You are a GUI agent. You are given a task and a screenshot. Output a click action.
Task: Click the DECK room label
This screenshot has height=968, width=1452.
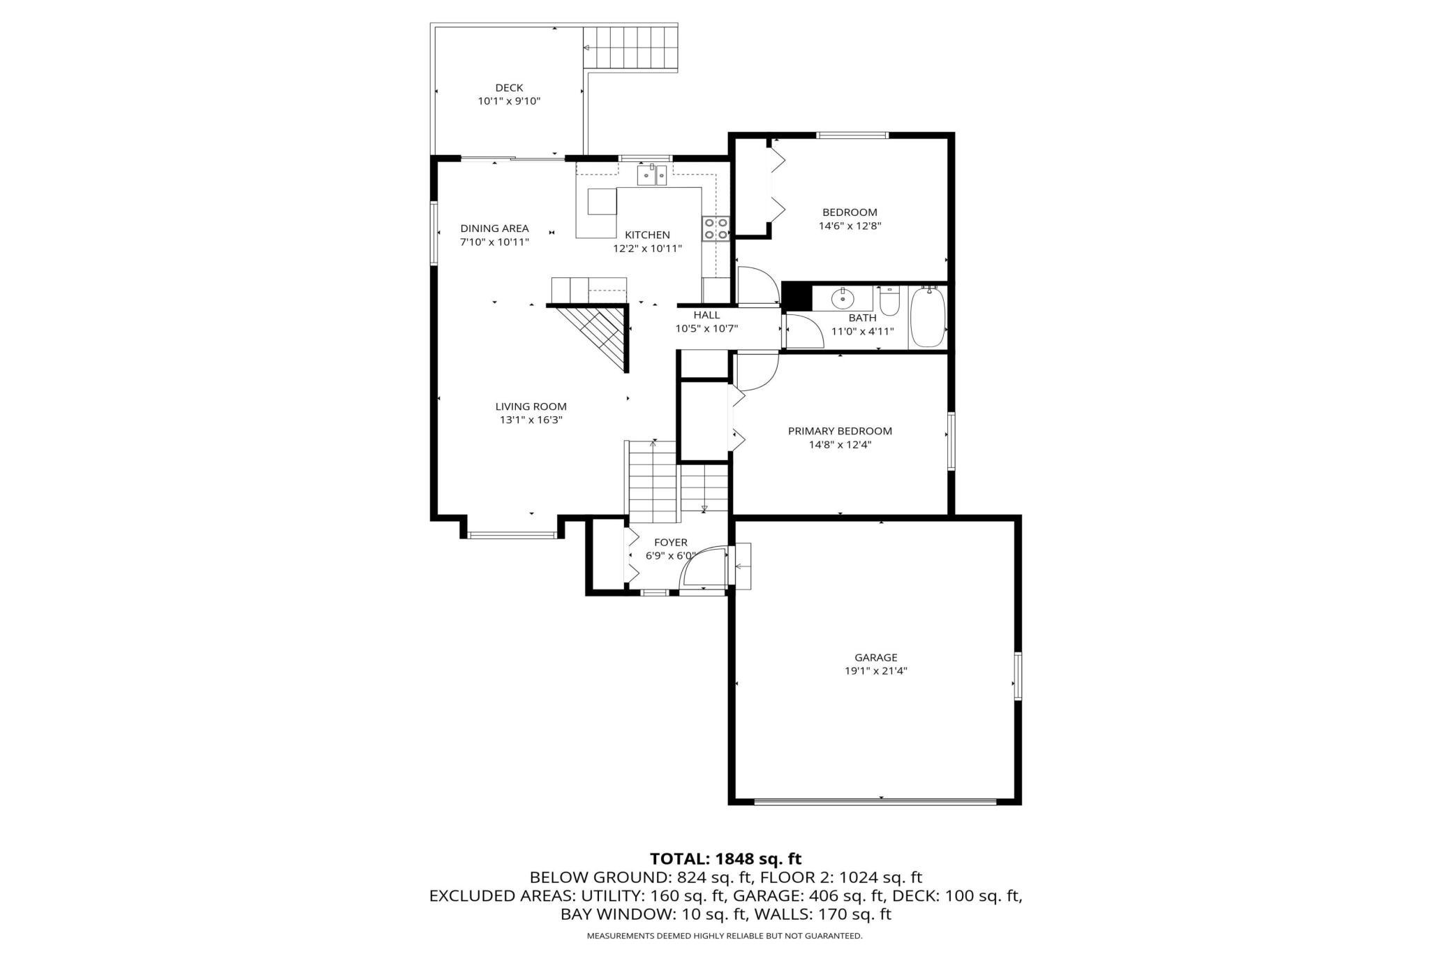[509, 88]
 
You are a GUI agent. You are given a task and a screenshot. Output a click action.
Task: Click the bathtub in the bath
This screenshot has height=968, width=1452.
[927, 318]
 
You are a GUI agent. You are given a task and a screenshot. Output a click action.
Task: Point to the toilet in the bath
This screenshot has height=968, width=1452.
[889, 300]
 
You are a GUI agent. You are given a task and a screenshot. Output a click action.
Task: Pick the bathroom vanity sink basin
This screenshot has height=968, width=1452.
[843, 299]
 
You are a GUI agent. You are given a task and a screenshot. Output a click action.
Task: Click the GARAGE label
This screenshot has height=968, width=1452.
[876, 657]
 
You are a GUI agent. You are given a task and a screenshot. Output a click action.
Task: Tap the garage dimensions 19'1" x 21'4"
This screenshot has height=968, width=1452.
[876, 671]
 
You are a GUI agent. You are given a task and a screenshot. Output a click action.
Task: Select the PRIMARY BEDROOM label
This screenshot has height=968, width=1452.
[840, 431]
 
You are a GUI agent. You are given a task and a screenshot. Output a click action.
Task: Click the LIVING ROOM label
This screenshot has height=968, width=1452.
[531, 406]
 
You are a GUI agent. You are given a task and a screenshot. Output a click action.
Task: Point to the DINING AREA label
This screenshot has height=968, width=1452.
[494, 228]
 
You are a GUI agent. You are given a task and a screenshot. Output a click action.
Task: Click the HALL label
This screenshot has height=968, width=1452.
[706, 315]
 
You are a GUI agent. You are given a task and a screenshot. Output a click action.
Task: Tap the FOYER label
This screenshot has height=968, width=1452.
[671, 543]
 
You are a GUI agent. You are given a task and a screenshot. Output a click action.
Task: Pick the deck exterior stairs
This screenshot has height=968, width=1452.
[630, 47]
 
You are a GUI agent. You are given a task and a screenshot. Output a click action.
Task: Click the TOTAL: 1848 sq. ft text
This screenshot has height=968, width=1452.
[726, 858]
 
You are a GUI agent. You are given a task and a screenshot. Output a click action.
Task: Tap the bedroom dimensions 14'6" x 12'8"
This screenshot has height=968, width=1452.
[850, 226]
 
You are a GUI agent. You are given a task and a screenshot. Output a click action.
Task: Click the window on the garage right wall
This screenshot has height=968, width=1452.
[1018, 675]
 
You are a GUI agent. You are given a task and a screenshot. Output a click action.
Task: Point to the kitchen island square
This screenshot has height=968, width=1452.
[602, 202]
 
